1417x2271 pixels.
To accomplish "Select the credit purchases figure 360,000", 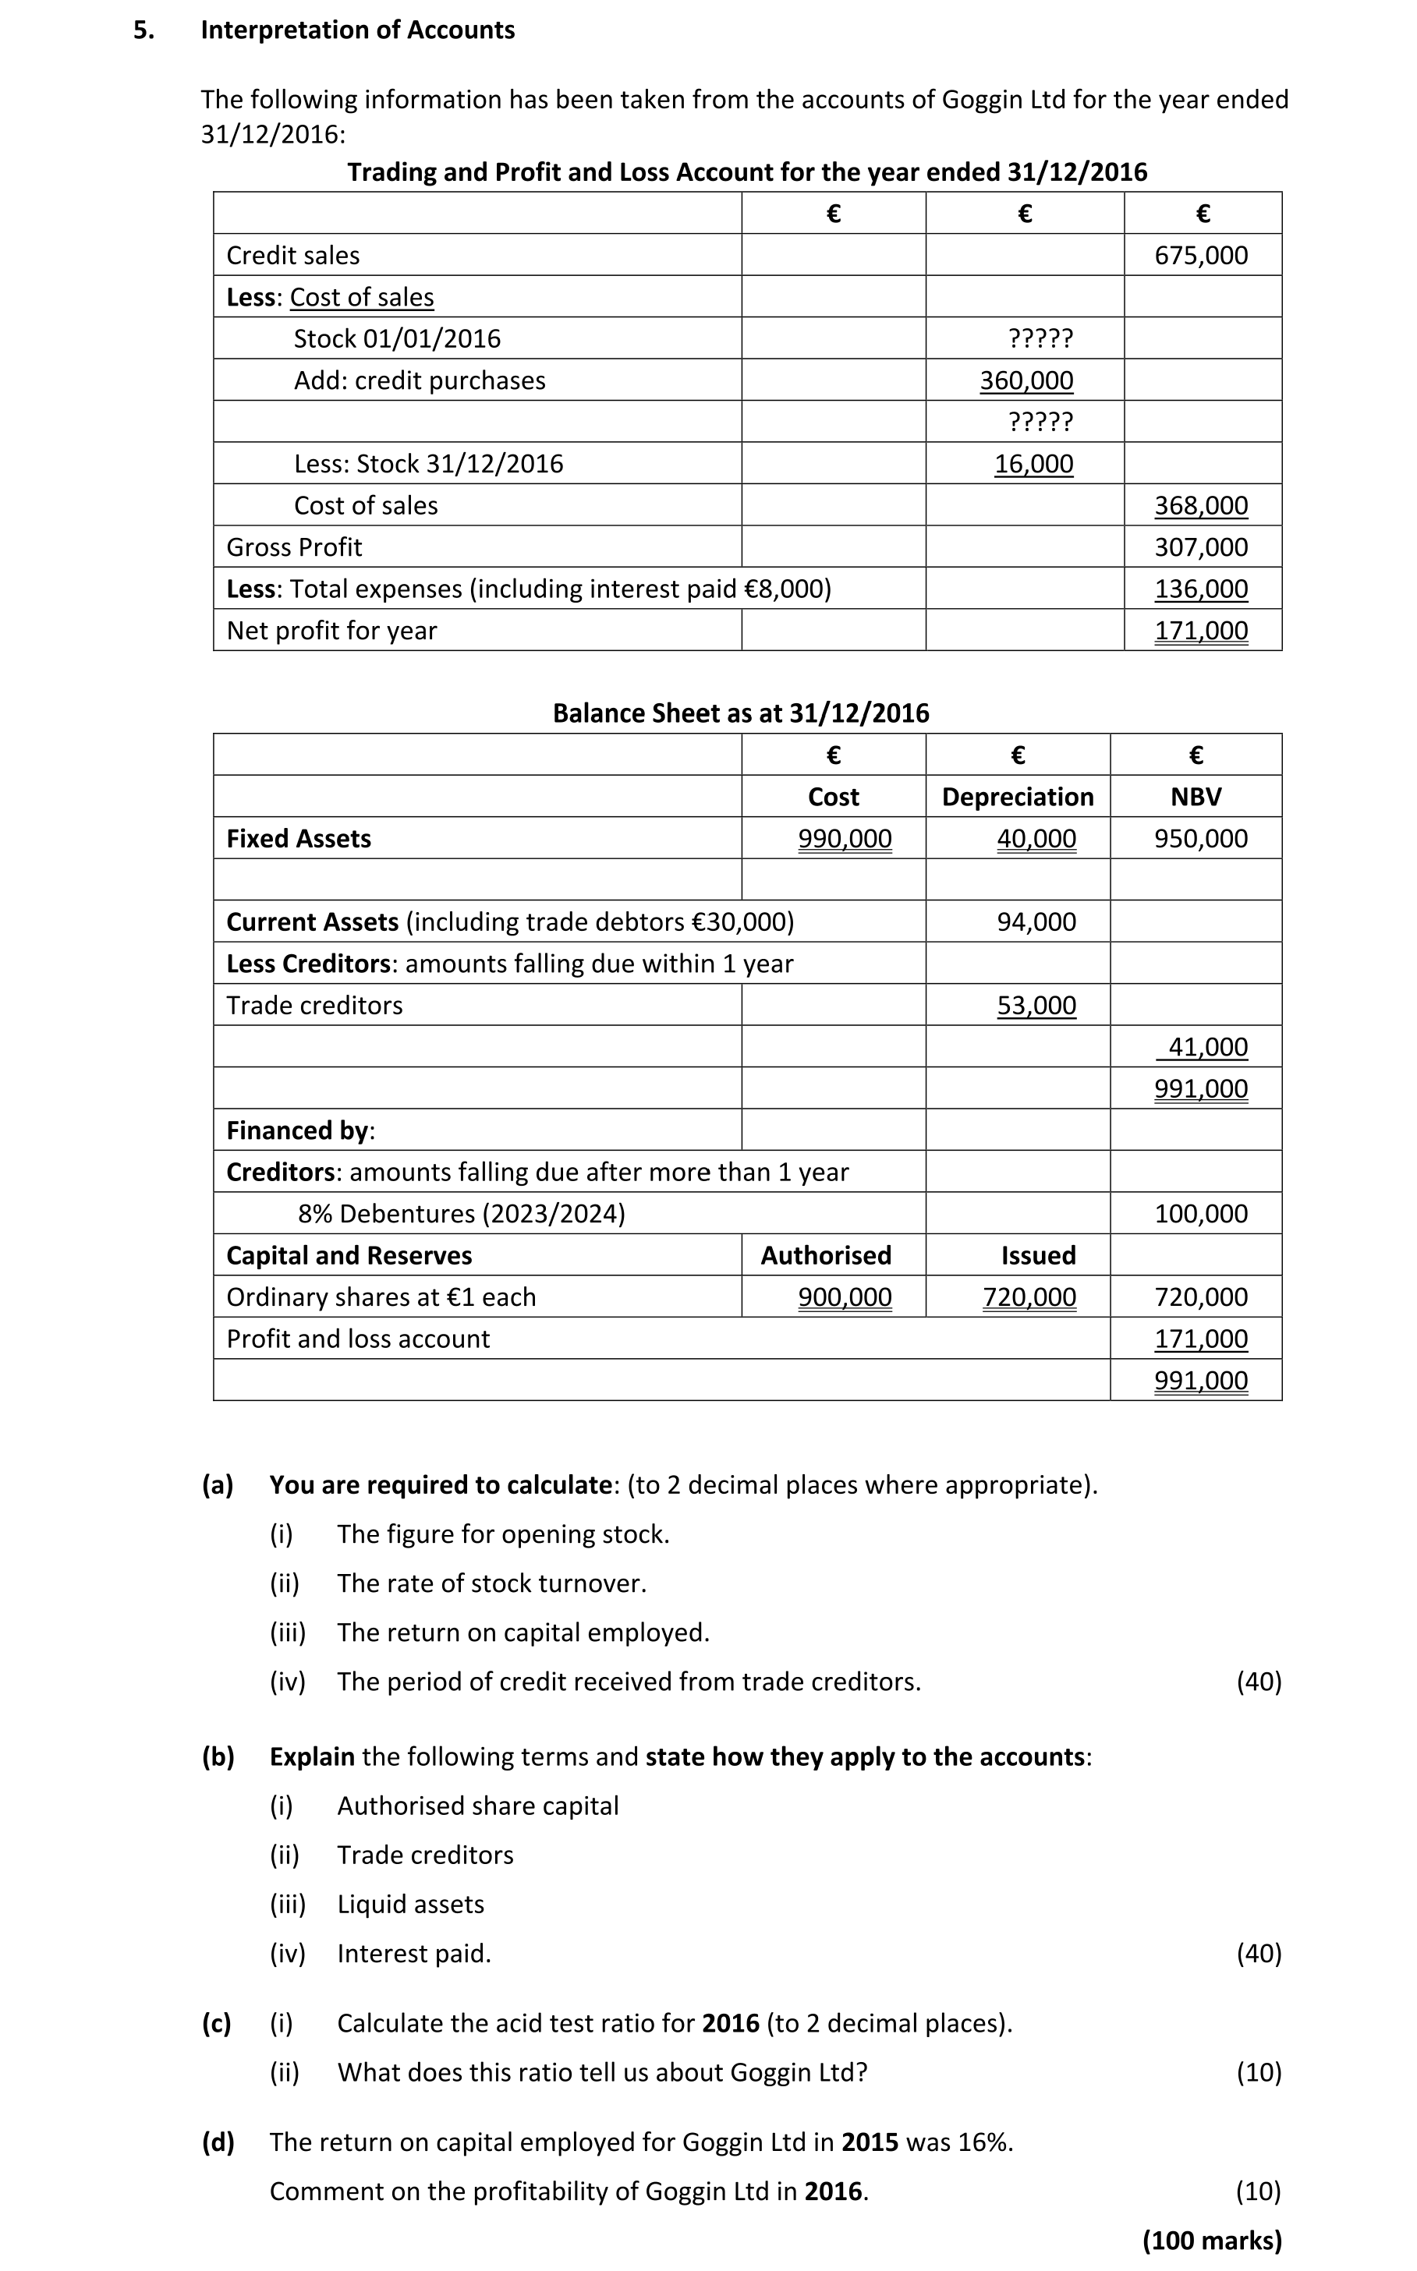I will pyautogui.click(x=1026, y=380).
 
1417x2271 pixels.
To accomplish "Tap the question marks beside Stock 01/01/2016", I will pyautogui.click(x=1040, y=338).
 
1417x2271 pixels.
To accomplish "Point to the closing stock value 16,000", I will pyautogui.click(x=1033, y=464).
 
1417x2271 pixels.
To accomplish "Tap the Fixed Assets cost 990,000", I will pyautogui.click(x=845, y=839).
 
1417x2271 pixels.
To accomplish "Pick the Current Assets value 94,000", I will pyautogui.click(x=1036, y=922).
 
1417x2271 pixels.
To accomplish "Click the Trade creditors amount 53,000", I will pyautogui.click(x=1036, y=1005).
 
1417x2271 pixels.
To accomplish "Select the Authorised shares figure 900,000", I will pyautogui.click(x=845, y=1296).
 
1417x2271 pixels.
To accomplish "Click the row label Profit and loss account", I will pyautogui.click(x=358, y=1339).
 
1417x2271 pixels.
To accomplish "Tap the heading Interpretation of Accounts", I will pyautogui.click(x=357, y=30).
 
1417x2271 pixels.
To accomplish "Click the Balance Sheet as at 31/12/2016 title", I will pyautogui.click(x=740, y=713).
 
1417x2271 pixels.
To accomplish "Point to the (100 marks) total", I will pyautogui.click(x=1212, y=2240).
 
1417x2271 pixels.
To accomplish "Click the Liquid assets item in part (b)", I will pyautogui.click(x=410, y=1904).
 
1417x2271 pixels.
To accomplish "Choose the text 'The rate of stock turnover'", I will pyautogui.click(x=491, y=1583).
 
